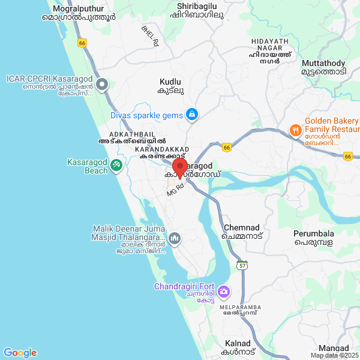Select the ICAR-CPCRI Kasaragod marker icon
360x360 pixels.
pos(102,85)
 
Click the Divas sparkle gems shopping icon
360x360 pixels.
pos(191,113)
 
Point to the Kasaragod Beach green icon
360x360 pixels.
pos(117,163)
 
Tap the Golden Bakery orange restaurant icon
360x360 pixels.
pos(295,130)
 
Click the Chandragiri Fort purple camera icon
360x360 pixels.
pos(223,292)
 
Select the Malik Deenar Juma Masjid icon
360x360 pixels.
pos(174,238)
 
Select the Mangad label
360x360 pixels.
pos(334,348)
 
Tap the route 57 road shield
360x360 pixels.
pos(242,265)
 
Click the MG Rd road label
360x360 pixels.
pos(175,188)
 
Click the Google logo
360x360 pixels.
pos(20,353)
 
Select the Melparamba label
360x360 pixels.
pos(243,309)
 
